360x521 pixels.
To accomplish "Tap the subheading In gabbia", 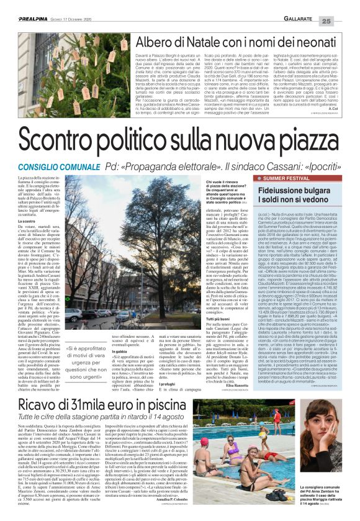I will point(103,350).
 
